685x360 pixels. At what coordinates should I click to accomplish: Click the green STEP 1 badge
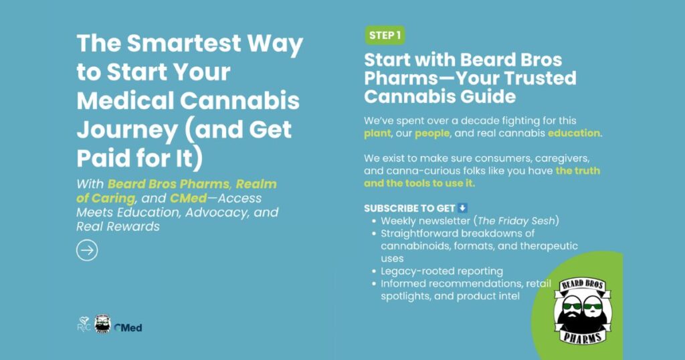385,35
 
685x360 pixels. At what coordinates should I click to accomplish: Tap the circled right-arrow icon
87,250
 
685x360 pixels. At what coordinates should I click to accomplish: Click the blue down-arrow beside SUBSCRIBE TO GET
462,208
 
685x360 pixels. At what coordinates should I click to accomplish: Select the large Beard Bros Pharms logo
583,310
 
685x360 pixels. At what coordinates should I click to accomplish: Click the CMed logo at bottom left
128,328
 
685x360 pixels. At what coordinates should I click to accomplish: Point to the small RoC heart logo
84,324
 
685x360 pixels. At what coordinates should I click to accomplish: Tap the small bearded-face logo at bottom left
102,324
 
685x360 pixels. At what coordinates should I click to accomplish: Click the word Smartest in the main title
183,43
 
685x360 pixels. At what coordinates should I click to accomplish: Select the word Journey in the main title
127,130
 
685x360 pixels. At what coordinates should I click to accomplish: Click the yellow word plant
377,133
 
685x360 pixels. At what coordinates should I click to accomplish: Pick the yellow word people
432,133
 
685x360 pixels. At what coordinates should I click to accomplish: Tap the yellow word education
574,132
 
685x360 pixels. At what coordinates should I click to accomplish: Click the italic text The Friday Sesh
518,221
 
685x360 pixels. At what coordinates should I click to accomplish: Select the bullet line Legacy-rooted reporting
442,271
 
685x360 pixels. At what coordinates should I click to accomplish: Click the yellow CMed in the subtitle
188,198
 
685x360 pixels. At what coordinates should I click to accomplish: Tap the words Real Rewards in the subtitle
118,226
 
